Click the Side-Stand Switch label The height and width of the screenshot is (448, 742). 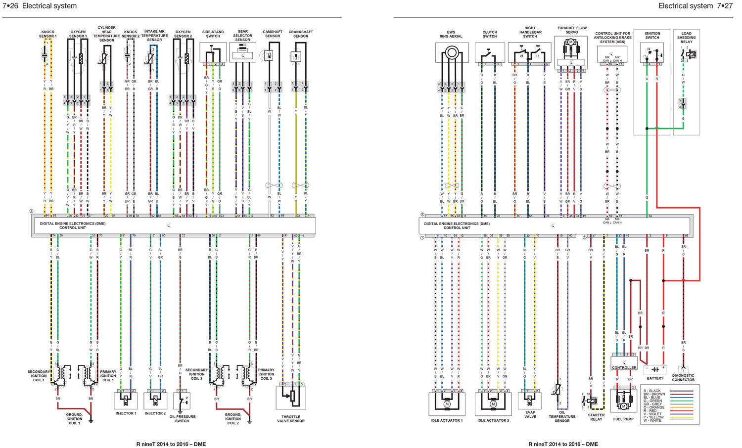(213, 34)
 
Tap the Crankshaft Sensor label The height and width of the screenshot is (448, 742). (301, 34)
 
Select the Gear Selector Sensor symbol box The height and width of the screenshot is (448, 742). (243, 52)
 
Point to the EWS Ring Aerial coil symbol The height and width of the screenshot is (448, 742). (451, 52)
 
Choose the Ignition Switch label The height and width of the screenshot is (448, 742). (652, 36)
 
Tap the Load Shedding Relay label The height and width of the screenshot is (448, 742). (687, 38)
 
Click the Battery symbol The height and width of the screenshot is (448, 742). (655, 369)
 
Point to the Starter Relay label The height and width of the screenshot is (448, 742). (596, 417)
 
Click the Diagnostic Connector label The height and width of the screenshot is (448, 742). (683, 378)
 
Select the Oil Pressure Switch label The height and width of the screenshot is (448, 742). (182, 419)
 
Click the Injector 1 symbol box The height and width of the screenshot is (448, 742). (126, 400)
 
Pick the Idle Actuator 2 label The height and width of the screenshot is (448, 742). (493, 420)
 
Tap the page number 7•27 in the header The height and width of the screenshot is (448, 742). (725, 6)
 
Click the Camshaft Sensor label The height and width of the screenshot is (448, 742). (273, 34)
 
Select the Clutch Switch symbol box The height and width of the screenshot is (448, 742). (490, 53)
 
